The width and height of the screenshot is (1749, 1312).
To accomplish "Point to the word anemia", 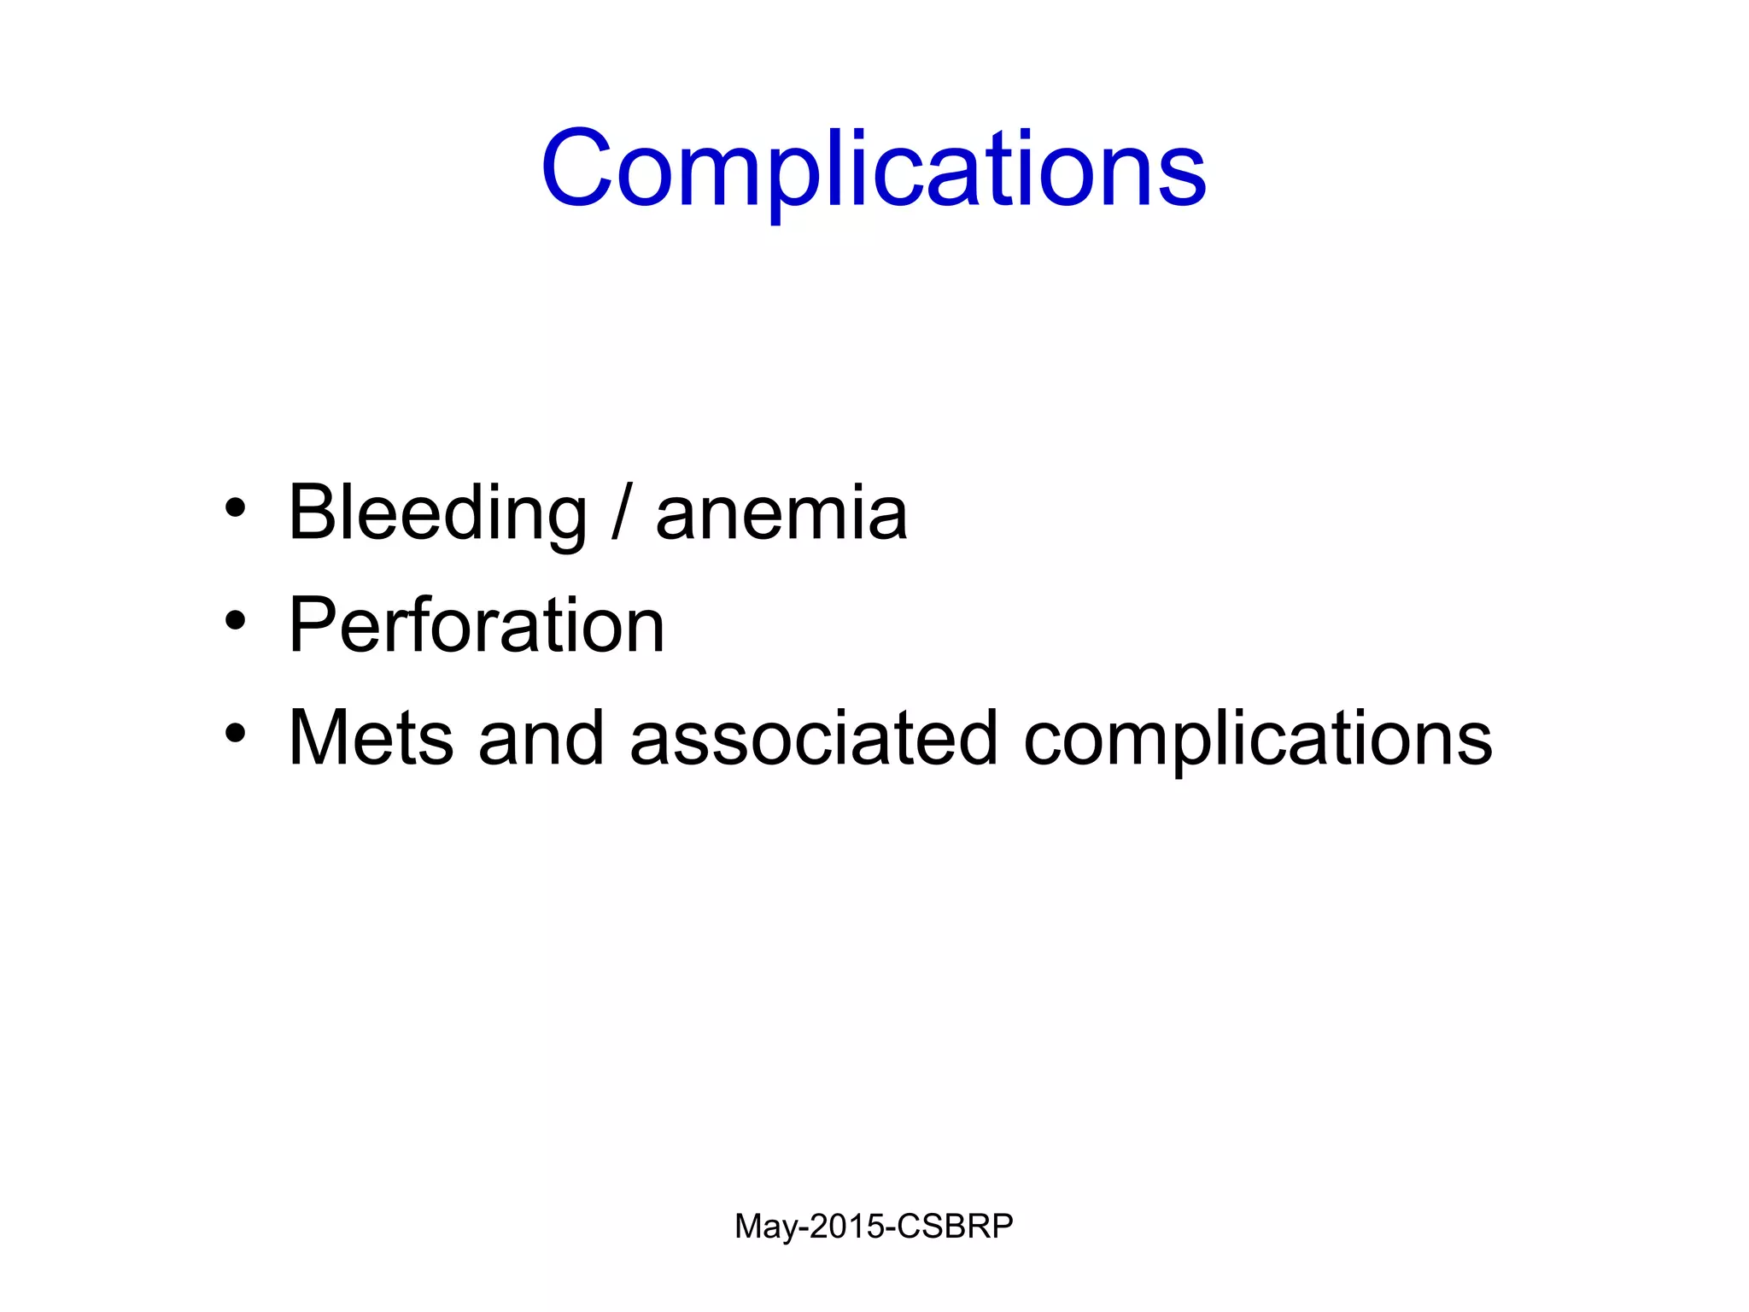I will pyautogui.click(x=781, y=515).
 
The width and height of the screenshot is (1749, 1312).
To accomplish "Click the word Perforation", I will pyautogui.click(x=477, y=625).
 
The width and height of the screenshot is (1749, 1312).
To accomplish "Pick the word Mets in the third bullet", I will pyautogui.click(x=371, y=738).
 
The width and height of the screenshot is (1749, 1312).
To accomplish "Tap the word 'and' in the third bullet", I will pyautogui.click(x=541, y=738).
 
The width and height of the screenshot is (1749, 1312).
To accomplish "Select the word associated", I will pyautogui.click(x=814, y=738).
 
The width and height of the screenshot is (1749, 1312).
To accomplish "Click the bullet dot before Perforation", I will pyautogui.click(x=235, y=622).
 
